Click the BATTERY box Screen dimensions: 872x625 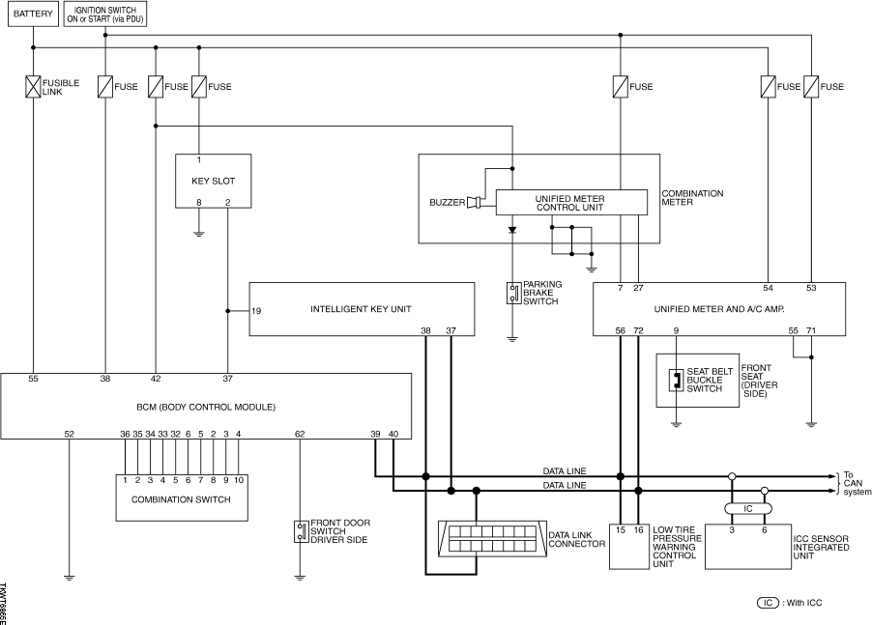point(33,14)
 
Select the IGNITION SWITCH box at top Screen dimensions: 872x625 point(105,14)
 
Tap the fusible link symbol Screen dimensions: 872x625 point(34,87)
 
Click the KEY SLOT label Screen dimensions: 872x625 point(213,181)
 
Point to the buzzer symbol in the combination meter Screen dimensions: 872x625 point(474,202)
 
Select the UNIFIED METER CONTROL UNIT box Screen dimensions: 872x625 point(571,203)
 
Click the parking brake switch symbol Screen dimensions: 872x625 point(513,294)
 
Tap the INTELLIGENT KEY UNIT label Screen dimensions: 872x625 point(361,309)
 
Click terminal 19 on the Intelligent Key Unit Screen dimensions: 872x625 point(256,311)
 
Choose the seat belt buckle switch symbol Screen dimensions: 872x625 point(677,380)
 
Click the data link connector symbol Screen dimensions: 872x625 point(492,539)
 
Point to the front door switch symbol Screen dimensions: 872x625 point(301,531)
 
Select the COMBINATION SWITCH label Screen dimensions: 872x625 point(181,499)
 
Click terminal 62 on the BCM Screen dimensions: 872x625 point(300,434)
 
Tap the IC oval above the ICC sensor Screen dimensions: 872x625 point(748,509)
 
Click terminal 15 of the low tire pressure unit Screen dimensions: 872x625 point(620,530)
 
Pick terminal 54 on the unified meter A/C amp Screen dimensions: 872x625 point(768,288)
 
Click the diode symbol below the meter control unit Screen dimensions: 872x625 point(512,230)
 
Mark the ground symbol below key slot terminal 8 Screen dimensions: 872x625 point(199,234)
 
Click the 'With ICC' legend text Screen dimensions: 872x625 point(803,603)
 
